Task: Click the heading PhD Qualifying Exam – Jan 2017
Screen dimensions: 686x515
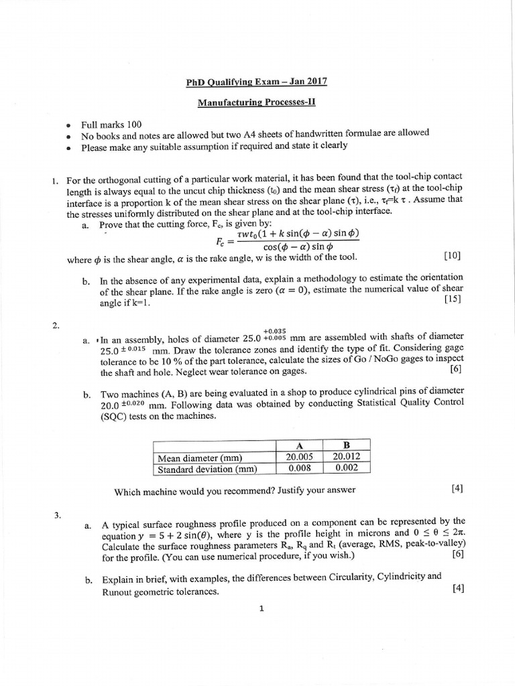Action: pos(257,83)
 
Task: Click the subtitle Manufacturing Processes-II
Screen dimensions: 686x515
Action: pos(257,103)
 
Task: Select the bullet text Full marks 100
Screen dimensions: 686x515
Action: pos(111,125)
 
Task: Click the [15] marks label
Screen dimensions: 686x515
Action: pos(453,299)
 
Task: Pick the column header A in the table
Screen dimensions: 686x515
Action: pos(298,446)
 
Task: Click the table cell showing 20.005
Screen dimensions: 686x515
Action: pos(298,458)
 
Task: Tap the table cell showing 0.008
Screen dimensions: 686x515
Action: pos(298,470)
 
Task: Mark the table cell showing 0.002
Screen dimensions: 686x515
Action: pos(346,470)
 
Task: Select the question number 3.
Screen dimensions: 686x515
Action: pos(58,515)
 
